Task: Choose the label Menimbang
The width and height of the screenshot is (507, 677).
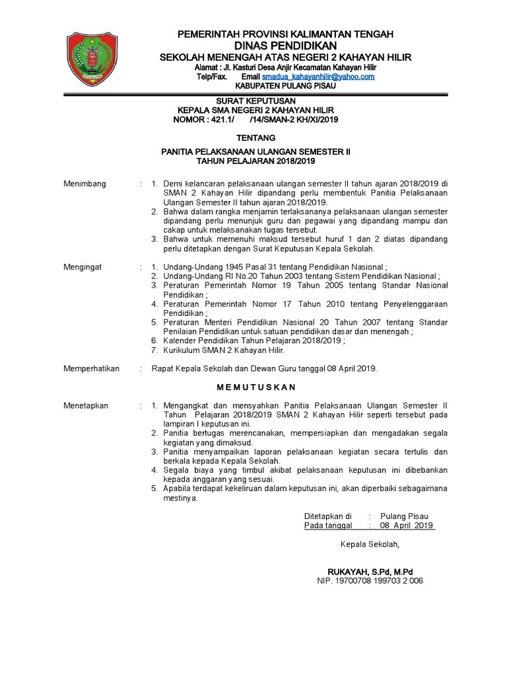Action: [84, 183]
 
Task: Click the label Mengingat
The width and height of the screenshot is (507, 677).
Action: [83, 267]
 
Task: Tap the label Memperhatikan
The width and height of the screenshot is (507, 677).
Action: [91, 368]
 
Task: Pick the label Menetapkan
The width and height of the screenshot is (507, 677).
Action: [86, 405]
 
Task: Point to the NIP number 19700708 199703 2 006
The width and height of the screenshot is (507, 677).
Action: [370, 580]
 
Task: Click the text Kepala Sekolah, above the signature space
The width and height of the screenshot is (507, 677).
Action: [370, 544]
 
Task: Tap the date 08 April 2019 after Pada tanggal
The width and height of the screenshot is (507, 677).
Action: [407, 525]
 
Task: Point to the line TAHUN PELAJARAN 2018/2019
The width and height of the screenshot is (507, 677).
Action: [256, 161]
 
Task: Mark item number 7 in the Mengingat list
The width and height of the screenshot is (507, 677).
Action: [153, 350]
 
